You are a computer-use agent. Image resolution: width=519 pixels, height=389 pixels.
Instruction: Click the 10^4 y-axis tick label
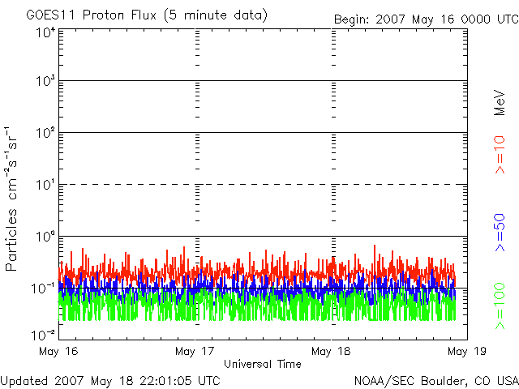point(45,32)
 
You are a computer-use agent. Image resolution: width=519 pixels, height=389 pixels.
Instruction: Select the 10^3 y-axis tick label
point(45,82)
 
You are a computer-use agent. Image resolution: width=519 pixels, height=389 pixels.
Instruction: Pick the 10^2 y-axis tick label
point(45,133)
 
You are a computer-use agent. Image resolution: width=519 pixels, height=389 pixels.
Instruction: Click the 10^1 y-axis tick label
point(45,185)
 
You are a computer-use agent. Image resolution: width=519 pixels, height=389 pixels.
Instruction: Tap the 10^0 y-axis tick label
point(45,237)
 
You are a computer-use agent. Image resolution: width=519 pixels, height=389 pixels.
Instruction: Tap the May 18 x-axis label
point(331,352)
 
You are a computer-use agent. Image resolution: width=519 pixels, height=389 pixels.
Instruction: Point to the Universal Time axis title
point(262,364)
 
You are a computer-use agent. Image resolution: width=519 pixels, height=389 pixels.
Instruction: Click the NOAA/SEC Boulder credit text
point(436,380)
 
